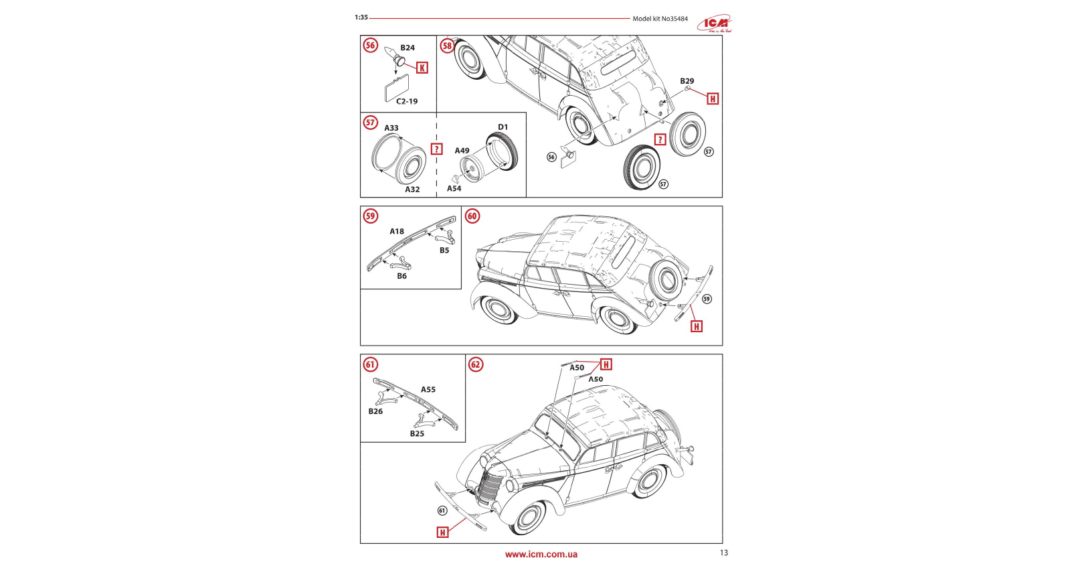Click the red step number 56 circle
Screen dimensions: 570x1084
coord(370,46)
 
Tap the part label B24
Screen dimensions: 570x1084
coord(408,48)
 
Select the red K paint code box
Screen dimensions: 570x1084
coord(422,68)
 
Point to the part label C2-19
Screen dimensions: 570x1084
coord(407,102)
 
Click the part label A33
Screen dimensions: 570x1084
coord(391,128)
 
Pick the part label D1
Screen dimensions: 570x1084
coord(503,127)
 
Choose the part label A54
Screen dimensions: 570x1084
coord(454,189)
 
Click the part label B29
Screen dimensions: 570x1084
coord(687,81)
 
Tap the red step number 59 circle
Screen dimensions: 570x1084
coord(370,216)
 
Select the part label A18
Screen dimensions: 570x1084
coord(397,232)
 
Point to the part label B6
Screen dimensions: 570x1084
coord(401,276)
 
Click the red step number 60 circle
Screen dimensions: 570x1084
coord(472,216)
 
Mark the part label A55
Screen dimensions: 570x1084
coord(428,390)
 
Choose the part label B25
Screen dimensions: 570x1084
coord(417,434)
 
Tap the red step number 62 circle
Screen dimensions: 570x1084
coord(476,364)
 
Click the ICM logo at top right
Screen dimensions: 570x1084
coord(715,23)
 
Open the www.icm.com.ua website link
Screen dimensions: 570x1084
coord(541,554)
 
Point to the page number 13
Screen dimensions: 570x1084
coord(723,553)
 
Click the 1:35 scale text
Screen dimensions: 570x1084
coord(361,17)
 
